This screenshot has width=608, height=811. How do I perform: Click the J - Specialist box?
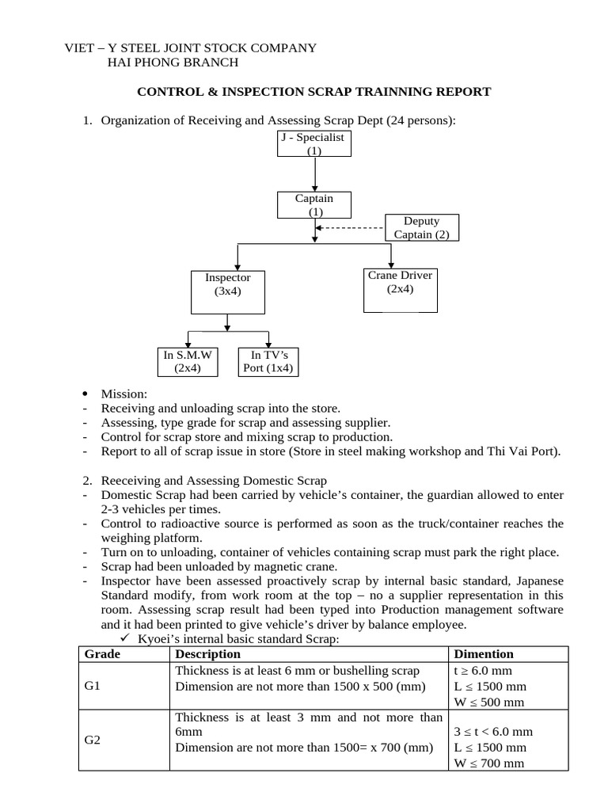[315, 143]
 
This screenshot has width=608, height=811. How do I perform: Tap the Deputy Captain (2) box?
[421, 227]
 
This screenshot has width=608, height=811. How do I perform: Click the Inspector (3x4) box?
[227, 291]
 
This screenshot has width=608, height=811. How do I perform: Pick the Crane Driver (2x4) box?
[400, 290]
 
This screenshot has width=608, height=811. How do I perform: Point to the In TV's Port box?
[268, 361]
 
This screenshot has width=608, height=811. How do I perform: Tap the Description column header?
[207, 654]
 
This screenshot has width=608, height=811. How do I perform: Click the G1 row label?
[93, 686]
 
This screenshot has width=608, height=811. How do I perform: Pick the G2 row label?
[93, 741]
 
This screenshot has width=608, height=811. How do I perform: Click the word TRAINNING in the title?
[392, 92]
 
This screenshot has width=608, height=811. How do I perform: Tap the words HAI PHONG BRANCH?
[172, 63]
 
